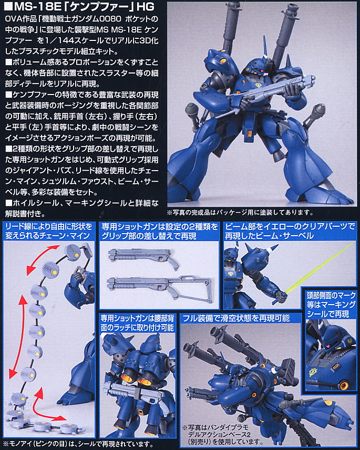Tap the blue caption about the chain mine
click(x=48, y=231)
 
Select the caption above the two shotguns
click(x=159, y=231)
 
